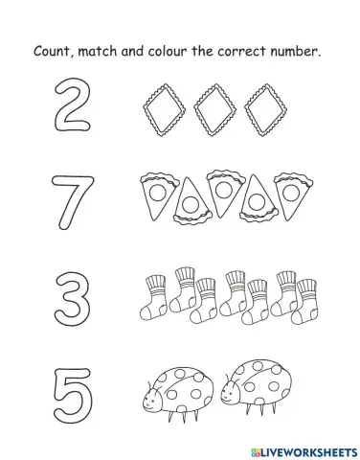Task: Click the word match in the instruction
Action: coord(108,50)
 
